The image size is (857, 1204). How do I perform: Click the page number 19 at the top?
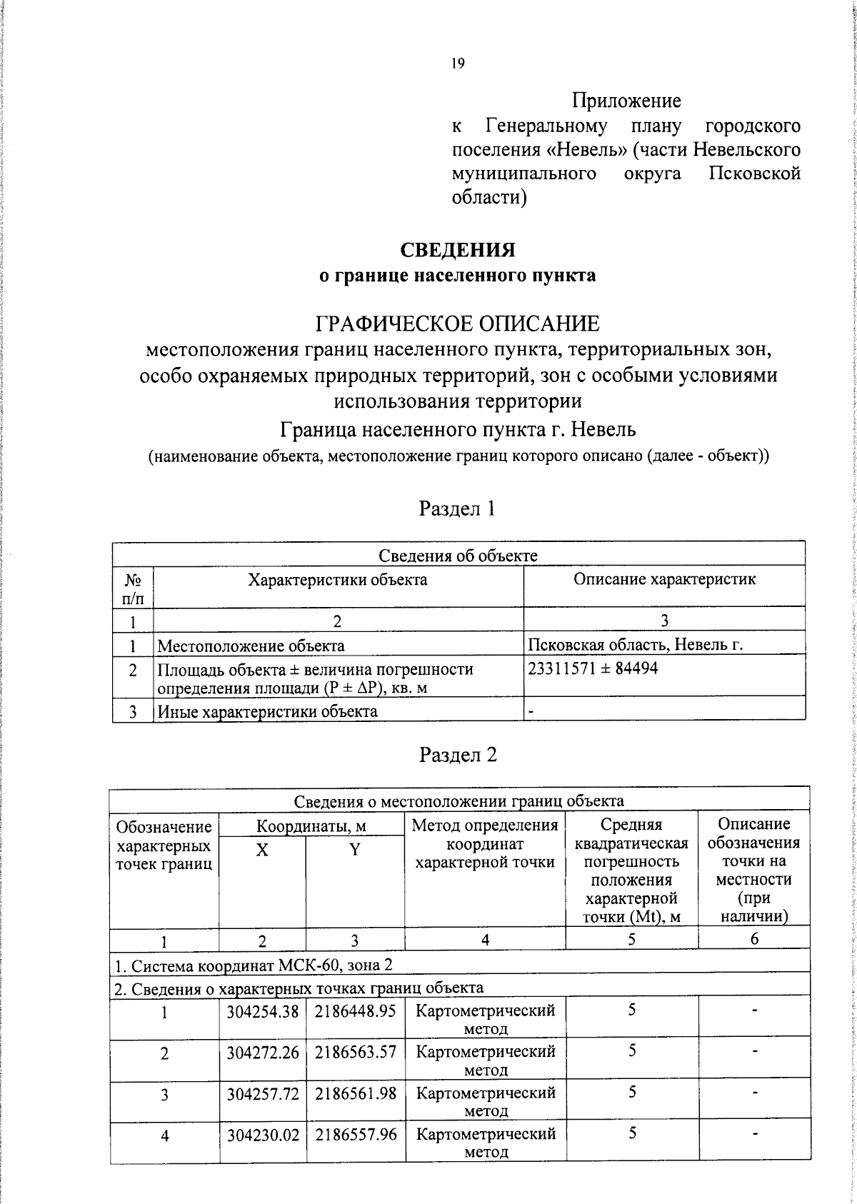click(458, 64)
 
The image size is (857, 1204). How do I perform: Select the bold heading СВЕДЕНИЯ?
click(457, 250)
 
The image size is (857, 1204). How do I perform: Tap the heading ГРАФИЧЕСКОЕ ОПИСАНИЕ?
click(457, 323)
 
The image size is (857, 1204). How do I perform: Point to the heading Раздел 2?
click(457, 755)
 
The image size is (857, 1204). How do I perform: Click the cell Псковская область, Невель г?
click(635, 646)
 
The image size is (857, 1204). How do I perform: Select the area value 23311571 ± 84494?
click(593, 669)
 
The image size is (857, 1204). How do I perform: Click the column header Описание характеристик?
click(664, 579)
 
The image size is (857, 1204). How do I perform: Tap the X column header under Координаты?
click(262, 850)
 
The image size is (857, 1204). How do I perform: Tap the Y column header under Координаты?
click(355, 850)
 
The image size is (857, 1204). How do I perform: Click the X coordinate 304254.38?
click(262, 1011)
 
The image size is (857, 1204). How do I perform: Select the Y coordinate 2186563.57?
click(355, 1052)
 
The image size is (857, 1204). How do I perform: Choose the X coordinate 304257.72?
click(262, 1093)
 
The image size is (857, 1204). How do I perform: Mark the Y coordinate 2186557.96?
click(355, 1134)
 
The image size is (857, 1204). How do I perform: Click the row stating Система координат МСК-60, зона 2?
click(254, 965)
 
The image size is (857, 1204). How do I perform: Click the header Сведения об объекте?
click(458, 556)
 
